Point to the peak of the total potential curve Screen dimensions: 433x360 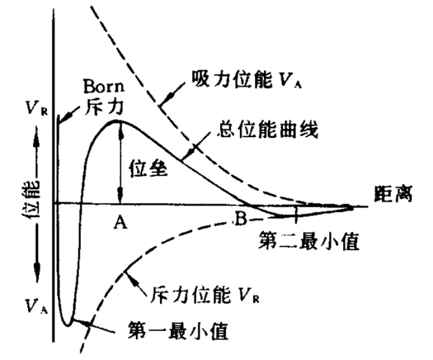[118, 121]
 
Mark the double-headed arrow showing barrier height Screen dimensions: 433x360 [119, 161]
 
